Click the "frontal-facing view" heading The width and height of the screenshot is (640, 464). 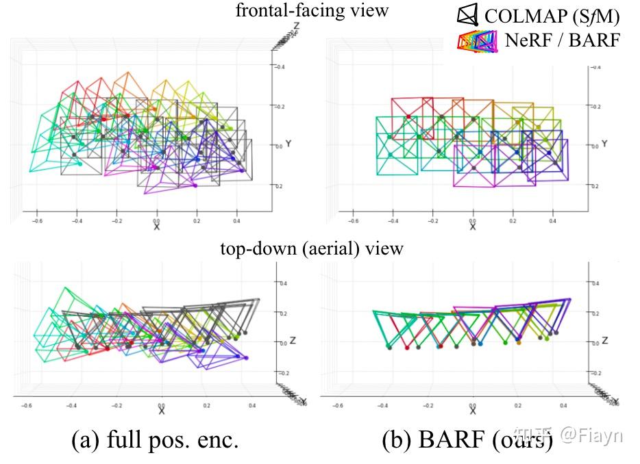312,10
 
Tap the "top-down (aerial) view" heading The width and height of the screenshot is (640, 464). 311,248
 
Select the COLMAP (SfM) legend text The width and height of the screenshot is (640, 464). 552,14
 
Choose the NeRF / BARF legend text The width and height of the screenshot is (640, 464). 562,40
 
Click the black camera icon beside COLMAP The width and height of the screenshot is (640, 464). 467,14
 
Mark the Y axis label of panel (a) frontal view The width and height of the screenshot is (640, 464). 291,144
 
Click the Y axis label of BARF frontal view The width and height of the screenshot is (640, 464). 604,144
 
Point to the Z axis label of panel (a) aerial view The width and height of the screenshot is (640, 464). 291,340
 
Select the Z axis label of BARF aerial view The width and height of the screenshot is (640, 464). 604,340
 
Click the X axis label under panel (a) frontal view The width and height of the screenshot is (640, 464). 157,227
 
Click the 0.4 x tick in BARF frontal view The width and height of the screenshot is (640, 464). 552,221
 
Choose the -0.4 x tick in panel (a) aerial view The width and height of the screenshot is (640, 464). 72,405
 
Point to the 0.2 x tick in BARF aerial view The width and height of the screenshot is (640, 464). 519,405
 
